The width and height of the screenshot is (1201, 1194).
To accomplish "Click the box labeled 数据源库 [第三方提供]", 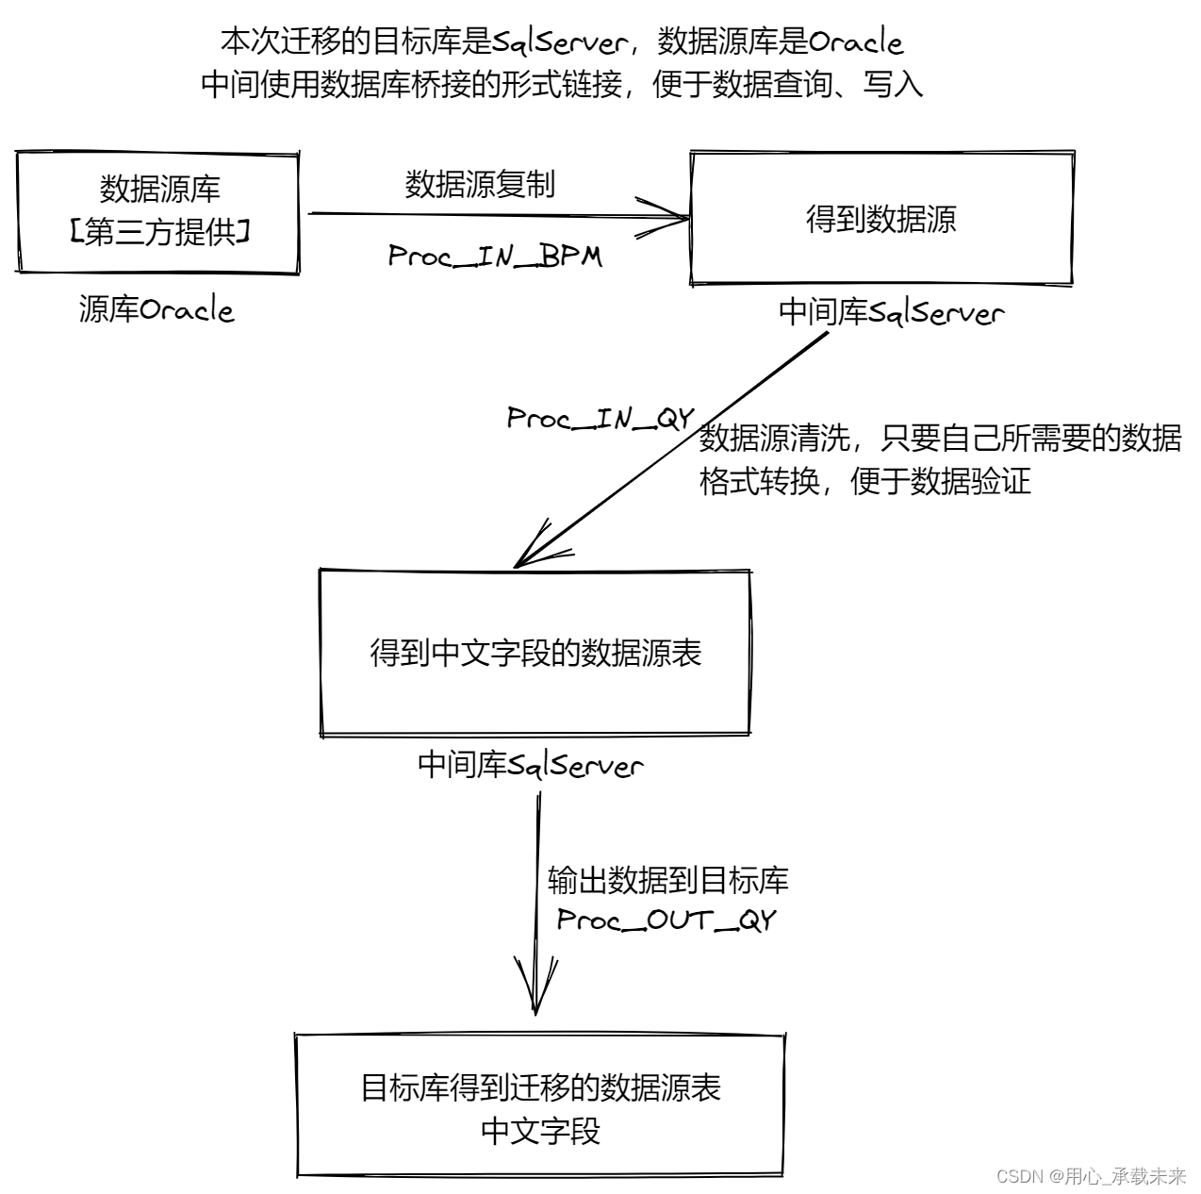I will [158, 212].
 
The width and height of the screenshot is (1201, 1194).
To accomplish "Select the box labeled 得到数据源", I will [881, 218].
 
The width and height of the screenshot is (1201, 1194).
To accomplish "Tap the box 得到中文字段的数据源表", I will [535, 653].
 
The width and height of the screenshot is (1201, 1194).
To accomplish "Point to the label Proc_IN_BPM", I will [495, 257].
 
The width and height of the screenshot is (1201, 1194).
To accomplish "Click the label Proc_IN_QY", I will [600, 418].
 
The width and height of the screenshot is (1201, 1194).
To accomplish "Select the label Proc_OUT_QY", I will [666, 920].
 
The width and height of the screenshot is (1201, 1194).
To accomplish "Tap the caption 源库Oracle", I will [156, 309].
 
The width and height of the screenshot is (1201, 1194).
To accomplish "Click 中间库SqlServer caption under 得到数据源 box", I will [891, 312].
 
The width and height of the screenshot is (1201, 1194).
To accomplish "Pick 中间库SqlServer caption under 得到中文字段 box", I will [530, 765].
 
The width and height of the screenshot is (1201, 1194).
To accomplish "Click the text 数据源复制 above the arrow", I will [480, 184].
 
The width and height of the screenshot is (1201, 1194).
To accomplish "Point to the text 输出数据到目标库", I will [667, 880].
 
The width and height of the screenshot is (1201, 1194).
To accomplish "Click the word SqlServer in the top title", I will [560, 42].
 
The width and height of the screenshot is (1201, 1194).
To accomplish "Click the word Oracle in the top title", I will [855, 42].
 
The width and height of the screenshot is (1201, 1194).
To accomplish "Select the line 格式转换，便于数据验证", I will [864, 481].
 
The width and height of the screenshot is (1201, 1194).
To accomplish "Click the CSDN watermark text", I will [1090, 1176].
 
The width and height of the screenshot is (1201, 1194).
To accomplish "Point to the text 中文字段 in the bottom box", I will [539, 1130].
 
